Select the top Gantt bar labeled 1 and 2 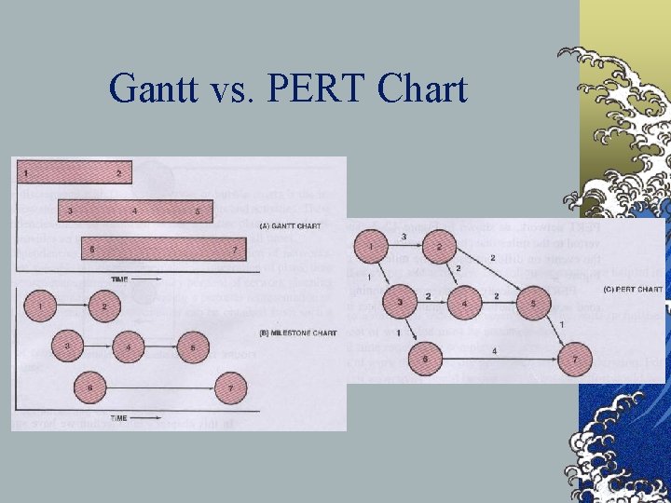click(x=73, y=171)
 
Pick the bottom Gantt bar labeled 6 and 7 click(x=164, y=251)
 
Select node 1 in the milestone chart click(x=42, y=306)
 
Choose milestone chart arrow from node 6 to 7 click(x=158, y=387)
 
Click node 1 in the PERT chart click(x=370, y=247)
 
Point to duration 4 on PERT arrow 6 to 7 click(x=494, y=350)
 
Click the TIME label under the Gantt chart click(x=120, y=279)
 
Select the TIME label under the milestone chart click(x=118, y=418)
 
